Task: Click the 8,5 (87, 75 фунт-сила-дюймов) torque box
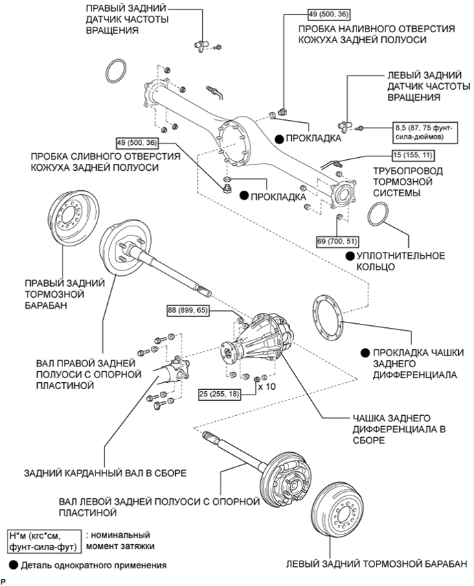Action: pyautogui.click(x=422, y=132)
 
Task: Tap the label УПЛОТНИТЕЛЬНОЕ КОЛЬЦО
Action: pyautogui.click(x=400, y=261)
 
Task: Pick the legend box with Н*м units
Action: pyautogui.click(x=43, y=540)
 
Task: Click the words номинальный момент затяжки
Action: pyautogui.click(x=124, y=540)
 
